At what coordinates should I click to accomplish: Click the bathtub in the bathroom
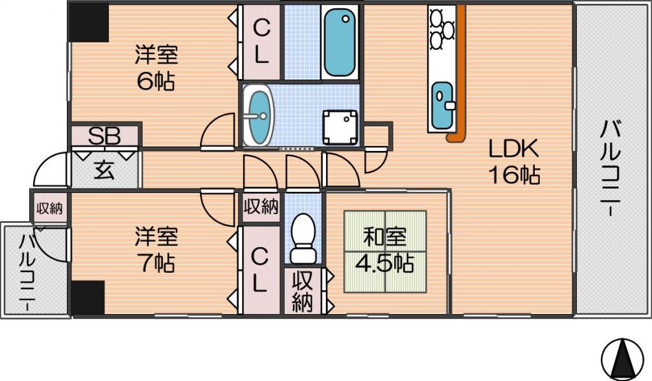click(x=340, y=42)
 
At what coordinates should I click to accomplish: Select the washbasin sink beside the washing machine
click(x=258, y=115)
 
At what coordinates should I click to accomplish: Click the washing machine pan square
click(x=340, y=127)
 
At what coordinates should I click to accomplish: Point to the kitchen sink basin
click(x=442, y=106)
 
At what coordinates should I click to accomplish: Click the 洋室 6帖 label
click(x=157, y=68)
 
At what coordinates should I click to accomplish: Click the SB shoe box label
click(x=104, y=135)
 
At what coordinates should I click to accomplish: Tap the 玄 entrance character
click(x=104, y=169)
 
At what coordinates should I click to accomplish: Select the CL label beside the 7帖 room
click(x=259, y=270)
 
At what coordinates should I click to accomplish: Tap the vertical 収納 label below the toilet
click(x=302, y=292)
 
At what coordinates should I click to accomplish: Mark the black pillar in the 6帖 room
click(x=89, y=22)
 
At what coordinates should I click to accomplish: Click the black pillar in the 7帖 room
click(x=88, y=298)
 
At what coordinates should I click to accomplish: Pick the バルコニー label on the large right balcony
click(x=611, y=167)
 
